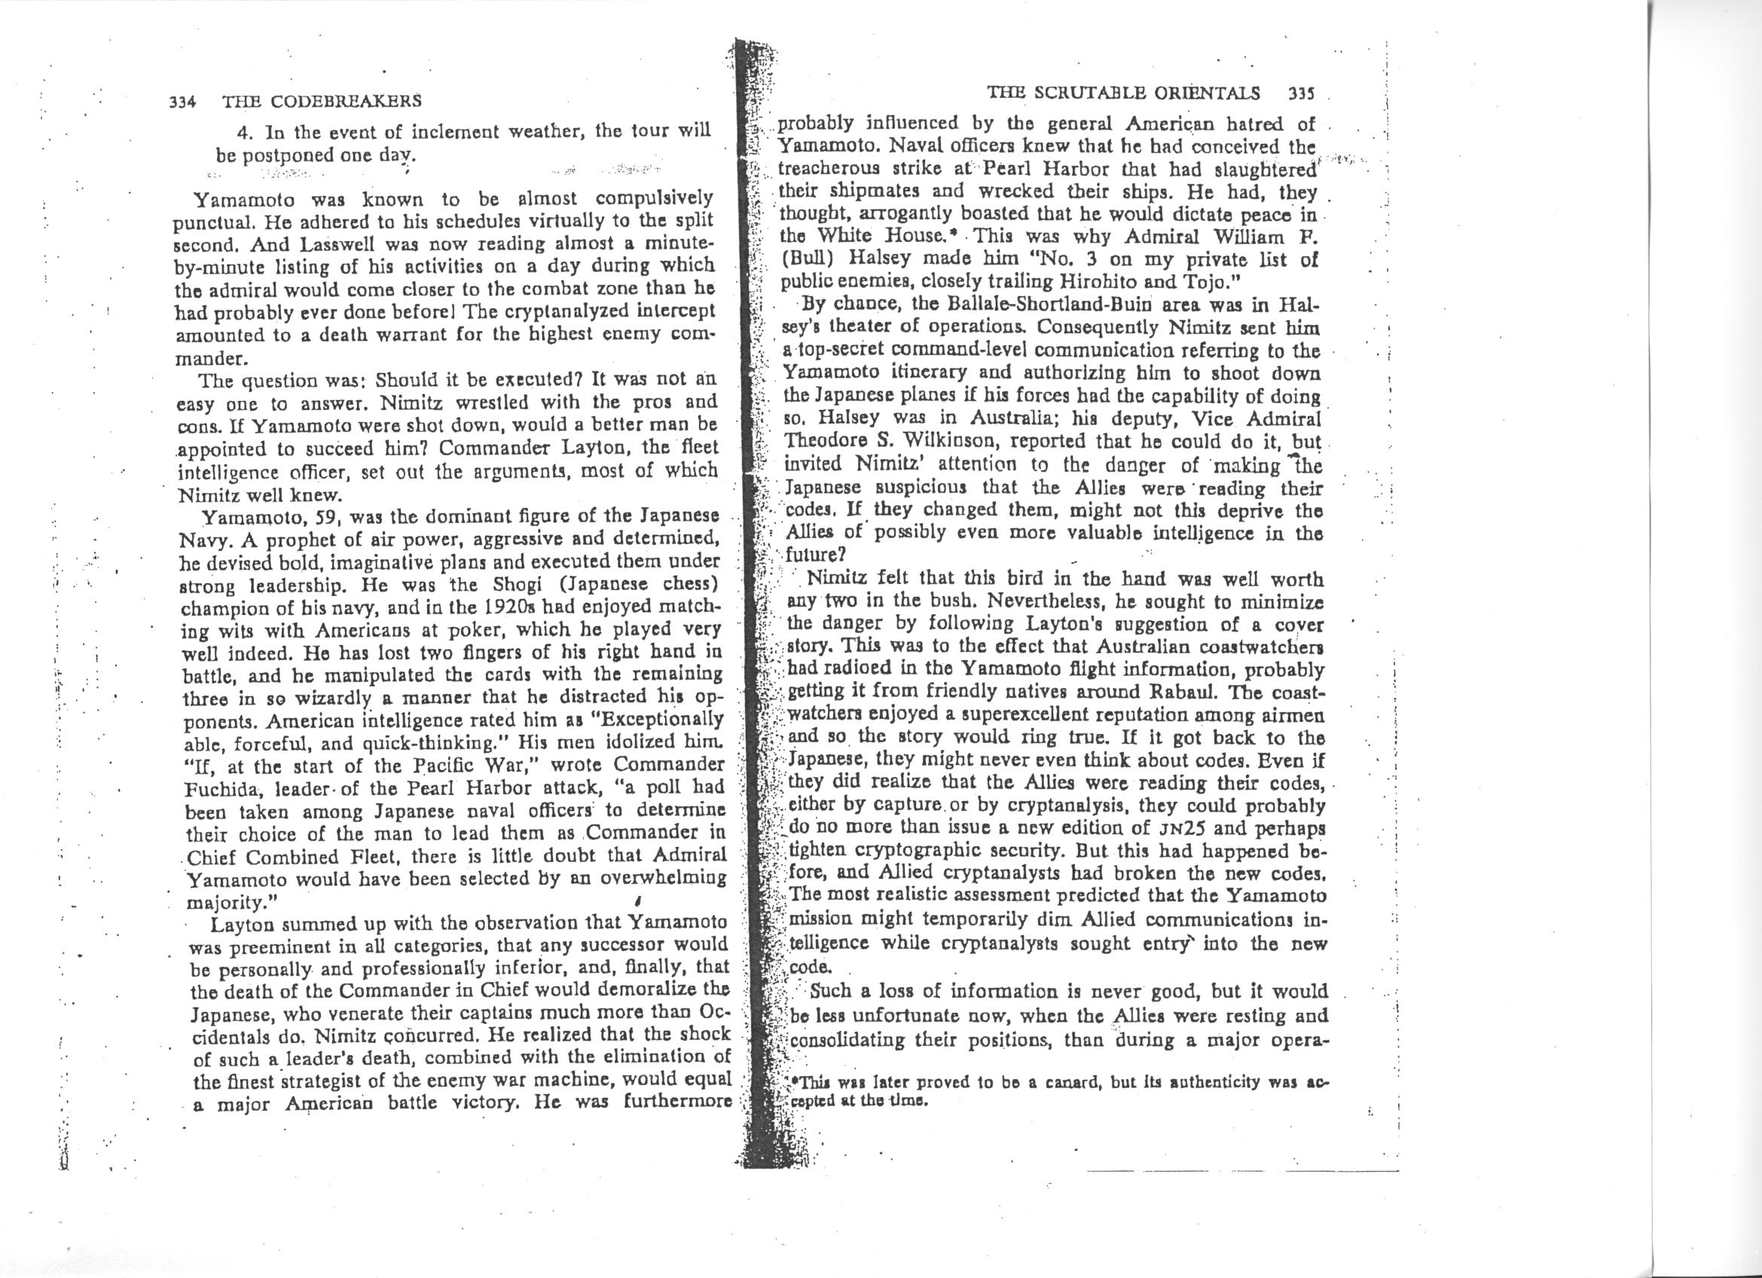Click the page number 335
(x=1300, y=94)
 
